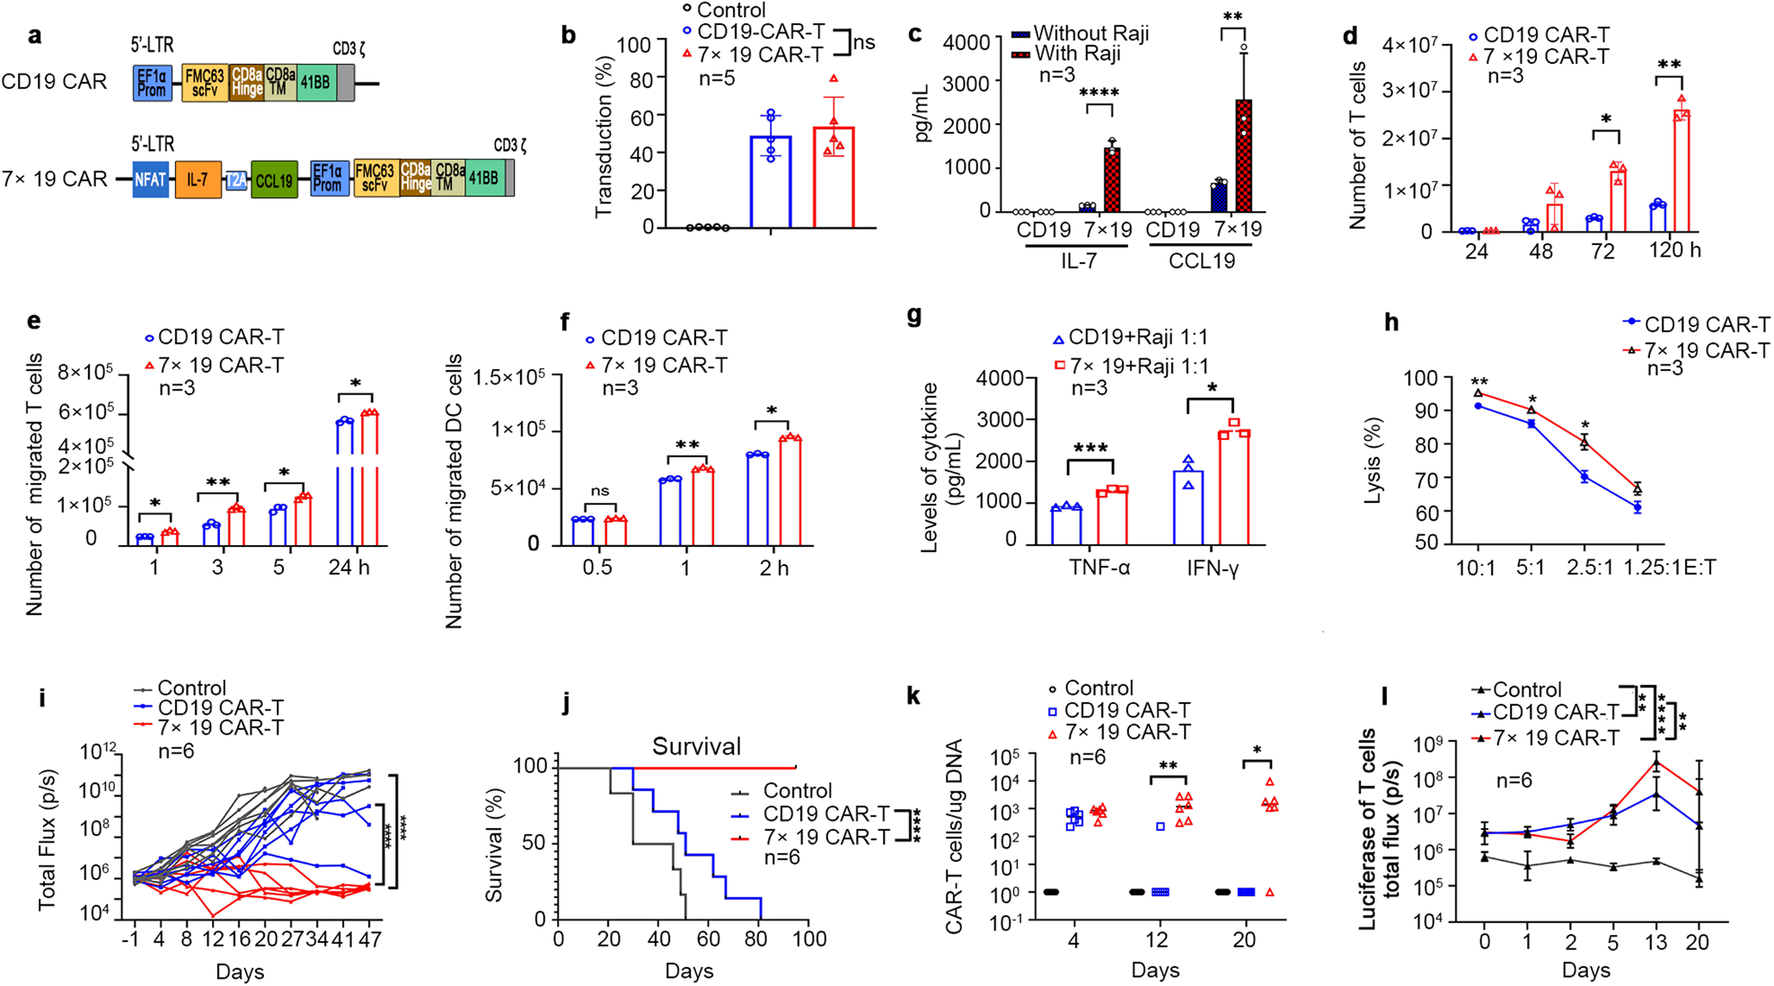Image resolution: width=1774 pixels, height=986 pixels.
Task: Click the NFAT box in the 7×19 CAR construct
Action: point(150,179)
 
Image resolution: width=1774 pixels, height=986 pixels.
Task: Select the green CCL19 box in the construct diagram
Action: point(274,180)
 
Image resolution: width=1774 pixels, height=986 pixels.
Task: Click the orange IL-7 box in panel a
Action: point(198,179)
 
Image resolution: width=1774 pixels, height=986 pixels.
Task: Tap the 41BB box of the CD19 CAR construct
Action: point(315,82)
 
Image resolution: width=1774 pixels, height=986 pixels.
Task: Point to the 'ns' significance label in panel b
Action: point(864,42)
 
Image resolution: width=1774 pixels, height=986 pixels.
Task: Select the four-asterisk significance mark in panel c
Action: point(1099,93)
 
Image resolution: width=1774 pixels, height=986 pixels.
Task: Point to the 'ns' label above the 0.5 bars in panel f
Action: point(599,490)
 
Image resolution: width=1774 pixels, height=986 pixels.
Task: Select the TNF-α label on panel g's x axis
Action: point(1099,568)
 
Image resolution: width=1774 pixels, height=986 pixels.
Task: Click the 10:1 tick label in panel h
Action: point(1477,568)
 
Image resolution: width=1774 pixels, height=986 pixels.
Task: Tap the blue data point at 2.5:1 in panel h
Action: point(1584,478)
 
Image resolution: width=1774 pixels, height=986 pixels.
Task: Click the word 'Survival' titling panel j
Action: point(696,746)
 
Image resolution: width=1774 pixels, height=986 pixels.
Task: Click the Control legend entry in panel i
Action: point(190,689)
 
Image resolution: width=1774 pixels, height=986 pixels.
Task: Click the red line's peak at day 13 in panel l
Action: point(1655,762)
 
